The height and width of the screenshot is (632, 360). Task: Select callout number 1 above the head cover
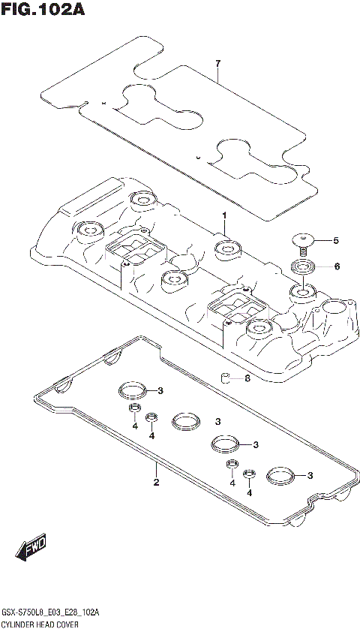click(223, 215)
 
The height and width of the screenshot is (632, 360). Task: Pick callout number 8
click(247, 378)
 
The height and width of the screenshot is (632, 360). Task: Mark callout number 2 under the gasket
click(156, 482)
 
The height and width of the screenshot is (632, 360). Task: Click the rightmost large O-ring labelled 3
click(280, 474)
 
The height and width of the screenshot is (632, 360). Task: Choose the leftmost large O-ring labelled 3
click(131, 390)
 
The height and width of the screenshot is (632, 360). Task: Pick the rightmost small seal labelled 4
click(249, 474)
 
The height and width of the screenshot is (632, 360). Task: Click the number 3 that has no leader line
click(217, 421)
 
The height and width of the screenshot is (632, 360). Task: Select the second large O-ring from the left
click(185, 421)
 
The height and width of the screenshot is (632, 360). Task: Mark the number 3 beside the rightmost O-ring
click(309, 474)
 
